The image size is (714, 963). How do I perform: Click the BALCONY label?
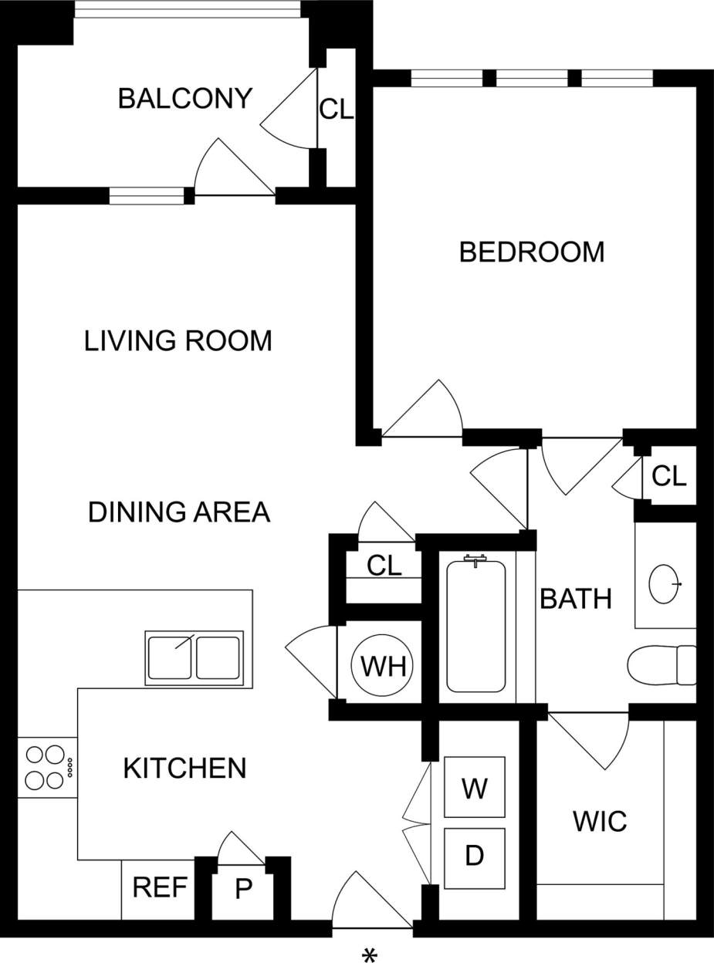pos(185,99)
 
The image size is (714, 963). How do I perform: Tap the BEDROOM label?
pos(531,252)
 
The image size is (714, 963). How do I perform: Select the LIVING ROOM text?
pos(178,340)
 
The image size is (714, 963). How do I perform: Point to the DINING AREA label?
pos(179,512)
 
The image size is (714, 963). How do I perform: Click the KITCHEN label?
pos(185,768)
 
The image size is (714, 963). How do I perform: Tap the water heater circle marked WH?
pos(383,665)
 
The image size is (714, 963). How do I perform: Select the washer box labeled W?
pos(474,788)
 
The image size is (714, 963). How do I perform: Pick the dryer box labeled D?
pos(474,857)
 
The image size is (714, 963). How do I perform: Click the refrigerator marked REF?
pos(160,887)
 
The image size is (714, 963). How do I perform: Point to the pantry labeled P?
pos(243,890)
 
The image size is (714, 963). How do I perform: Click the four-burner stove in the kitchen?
pos(47,767)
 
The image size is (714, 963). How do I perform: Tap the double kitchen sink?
pos(195,657)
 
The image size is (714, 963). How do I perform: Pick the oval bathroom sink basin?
pos(665,584)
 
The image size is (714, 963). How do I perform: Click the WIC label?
pos(600,822)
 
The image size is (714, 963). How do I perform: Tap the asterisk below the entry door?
pos(370,955)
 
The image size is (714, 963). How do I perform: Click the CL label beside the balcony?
pos(336,110)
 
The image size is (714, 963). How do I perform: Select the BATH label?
pos(576,599)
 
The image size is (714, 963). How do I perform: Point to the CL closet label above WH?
pos(384,566)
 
